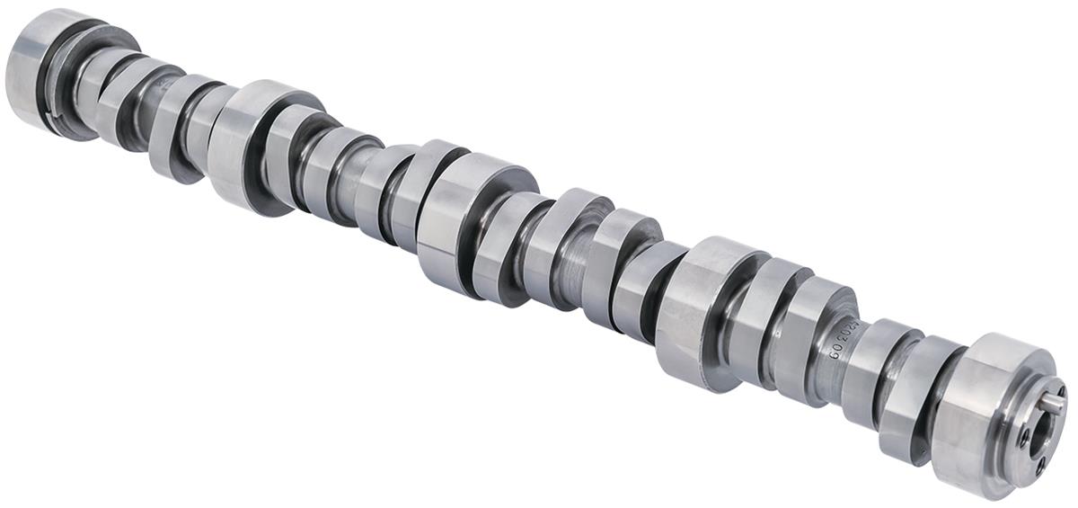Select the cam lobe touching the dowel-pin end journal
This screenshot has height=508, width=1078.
[907, 396]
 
